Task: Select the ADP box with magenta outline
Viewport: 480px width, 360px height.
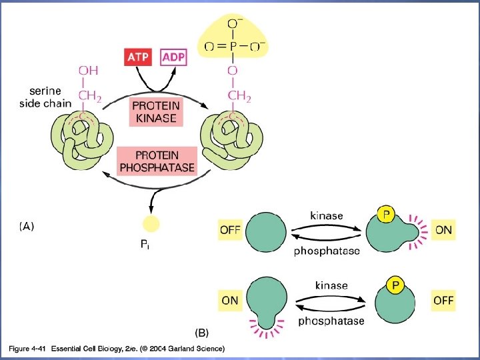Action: (173, 57)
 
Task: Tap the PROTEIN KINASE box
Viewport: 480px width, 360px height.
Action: (155, 111)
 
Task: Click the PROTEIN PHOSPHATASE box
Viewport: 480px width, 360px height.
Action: (155, 160)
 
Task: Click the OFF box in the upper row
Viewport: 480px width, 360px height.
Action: (230, 231)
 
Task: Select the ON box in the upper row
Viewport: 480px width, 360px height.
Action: (443, 231)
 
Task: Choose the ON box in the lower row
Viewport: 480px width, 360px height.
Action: (230, 300)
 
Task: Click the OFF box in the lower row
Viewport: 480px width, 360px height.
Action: (443, 300)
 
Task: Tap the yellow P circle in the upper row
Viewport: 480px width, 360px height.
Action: (385, 215)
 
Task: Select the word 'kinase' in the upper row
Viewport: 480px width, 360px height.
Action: (327, 215)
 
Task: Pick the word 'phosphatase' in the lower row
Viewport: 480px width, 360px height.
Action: (331, 321)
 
